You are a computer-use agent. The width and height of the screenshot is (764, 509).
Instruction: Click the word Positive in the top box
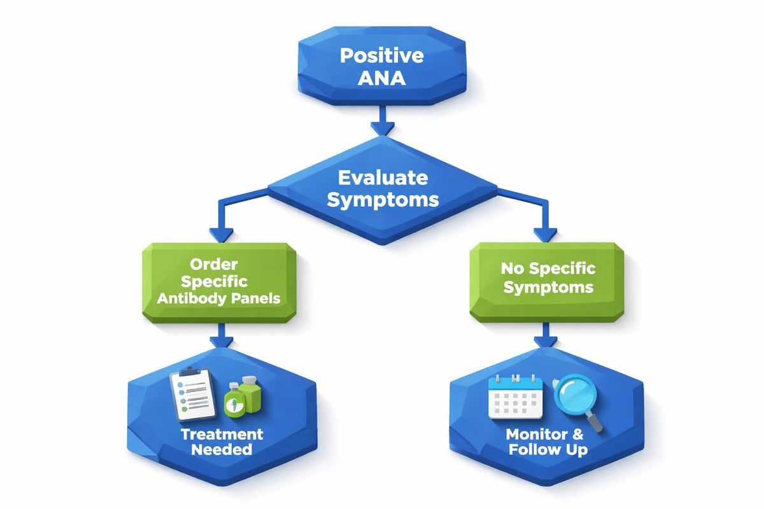click(381, 55)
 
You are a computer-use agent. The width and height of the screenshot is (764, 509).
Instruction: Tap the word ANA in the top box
click(381, 79)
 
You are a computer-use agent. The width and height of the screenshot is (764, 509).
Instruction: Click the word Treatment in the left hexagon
click(222, 434)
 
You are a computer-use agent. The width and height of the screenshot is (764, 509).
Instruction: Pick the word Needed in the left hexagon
click(222, 450)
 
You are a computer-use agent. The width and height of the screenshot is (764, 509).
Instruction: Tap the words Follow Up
click(547, 450)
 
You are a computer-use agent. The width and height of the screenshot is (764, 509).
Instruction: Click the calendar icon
click(515, 396)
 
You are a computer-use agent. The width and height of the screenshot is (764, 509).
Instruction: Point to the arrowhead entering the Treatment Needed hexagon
click(220, 340)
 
